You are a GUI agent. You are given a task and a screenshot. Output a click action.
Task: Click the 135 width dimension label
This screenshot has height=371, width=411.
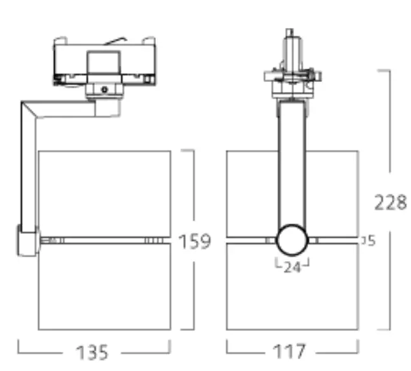93,352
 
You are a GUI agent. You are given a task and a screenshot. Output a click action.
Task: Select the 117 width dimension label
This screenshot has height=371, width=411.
292,352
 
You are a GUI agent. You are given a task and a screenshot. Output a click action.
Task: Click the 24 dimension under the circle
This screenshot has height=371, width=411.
292,267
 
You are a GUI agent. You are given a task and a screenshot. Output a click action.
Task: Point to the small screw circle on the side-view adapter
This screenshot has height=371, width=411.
104,90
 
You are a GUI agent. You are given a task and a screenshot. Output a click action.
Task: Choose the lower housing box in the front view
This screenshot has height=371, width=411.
292,289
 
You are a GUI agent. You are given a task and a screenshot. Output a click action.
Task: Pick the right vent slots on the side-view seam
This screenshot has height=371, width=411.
153,241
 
